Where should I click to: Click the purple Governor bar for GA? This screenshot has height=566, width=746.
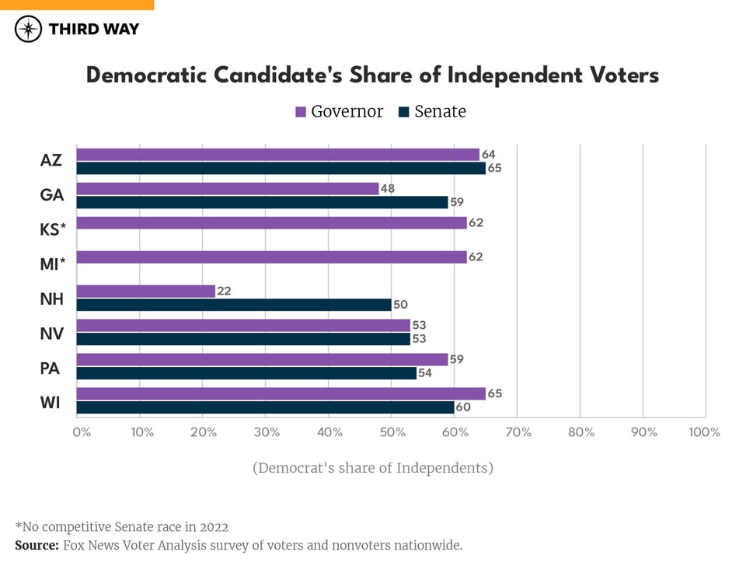tap(228, 189)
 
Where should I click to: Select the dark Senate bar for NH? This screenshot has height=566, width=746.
tap(234, 305)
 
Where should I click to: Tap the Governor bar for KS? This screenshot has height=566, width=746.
tap(272, 223)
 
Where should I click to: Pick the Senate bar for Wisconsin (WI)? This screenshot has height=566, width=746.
tap(265, 407)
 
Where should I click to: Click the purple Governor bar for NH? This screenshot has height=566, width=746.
tap(146, 292)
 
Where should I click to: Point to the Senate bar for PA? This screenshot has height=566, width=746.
tap(246, 373)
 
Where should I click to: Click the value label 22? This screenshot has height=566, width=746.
tap(225, 292)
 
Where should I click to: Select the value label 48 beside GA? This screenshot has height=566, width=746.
tap(389, 188)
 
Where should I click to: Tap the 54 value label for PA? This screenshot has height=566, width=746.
tap(426, 373)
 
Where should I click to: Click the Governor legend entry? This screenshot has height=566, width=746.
tap(340, 112)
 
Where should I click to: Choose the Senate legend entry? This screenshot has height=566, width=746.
tap(432, 112)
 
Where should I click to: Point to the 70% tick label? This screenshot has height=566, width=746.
tap(518, 432)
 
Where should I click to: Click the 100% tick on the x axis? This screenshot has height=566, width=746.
tap(704, 432)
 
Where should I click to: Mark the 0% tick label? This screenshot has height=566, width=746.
tap(82, 432)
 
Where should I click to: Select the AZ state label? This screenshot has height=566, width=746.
tap(51, 161)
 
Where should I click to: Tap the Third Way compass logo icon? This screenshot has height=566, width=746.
tap(28, 30)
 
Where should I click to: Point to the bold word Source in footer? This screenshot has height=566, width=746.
tap(37, 546)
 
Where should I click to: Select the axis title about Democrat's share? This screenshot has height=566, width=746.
tap(373, 468)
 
